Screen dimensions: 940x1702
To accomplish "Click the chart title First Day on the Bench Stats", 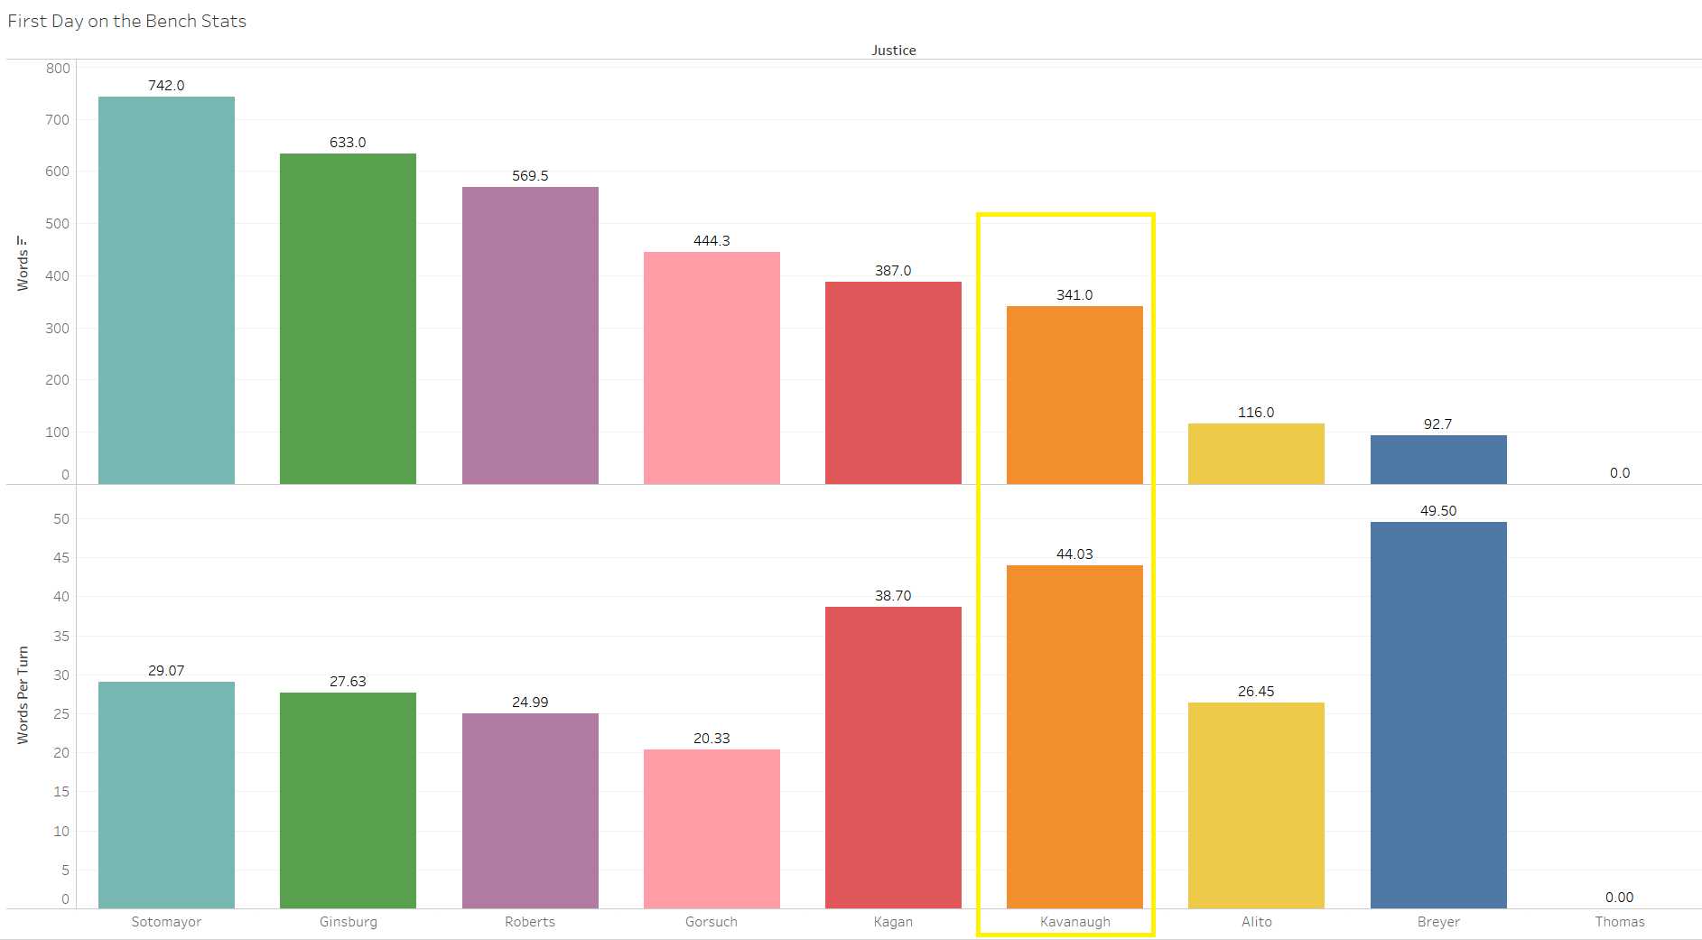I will (127, 21).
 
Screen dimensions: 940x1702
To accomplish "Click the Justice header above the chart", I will (893, 51).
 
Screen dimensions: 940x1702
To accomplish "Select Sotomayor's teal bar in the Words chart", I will (166, 290).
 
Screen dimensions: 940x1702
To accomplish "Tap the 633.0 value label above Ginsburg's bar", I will (348, 143).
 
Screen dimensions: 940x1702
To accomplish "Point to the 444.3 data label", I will (711, 241).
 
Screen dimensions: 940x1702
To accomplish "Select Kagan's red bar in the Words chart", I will (893, 383).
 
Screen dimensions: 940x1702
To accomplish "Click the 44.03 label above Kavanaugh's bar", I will (1074, 554).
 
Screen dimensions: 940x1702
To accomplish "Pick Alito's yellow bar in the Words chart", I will (1256, 453).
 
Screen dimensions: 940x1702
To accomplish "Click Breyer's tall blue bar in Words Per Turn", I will (1438, 714).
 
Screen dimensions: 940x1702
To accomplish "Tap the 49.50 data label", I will (1438, 511).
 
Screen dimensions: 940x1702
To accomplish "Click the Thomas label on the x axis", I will (1620, 922).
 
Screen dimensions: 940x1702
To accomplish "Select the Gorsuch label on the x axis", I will (711, 922).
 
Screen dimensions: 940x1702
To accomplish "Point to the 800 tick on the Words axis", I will (58, 69).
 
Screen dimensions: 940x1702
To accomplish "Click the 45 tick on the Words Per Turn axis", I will (61, 558).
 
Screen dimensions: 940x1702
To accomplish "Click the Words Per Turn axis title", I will (23, 694).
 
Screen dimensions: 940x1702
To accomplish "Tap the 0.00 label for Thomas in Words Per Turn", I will (1620, 898).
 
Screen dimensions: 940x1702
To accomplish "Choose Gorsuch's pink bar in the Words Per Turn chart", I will (711, 828).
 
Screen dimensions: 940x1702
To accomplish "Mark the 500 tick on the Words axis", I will (58, 224).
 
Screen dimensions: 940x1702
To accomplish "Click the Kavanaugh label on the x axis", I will (1074, 922).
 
